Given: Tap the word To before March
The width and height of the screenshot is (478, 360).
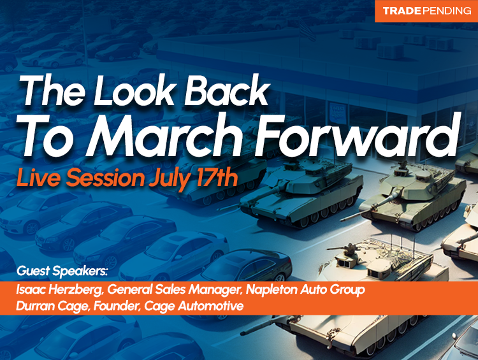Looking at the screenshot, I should (x=47, y=133).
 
